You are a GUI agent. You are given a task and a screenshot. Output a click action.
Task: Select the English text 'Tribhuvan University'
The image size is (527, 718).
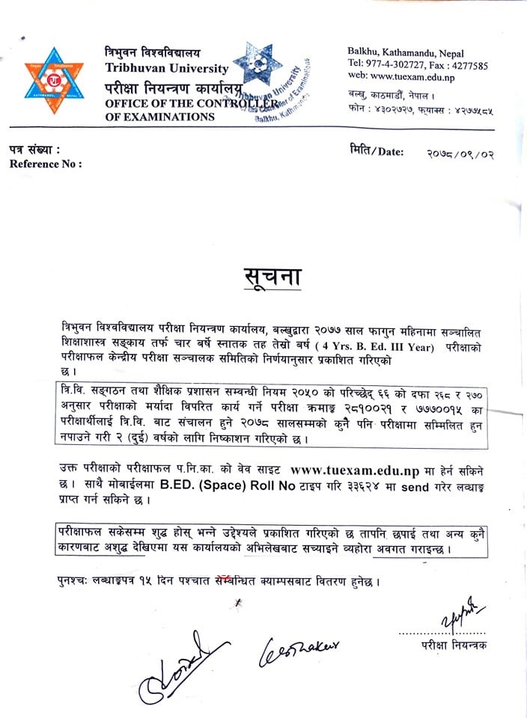167,68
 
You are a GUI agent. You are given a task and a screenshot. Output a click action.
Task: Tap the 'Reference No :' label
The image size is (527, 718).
46,164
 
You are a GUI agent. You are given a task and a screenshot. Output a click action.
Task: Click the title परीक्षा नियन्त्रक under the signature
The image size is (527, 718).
453,645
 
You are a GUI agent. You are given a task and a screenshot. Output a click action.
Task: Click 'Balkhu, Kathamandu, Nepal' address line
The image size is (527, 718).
406,53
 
